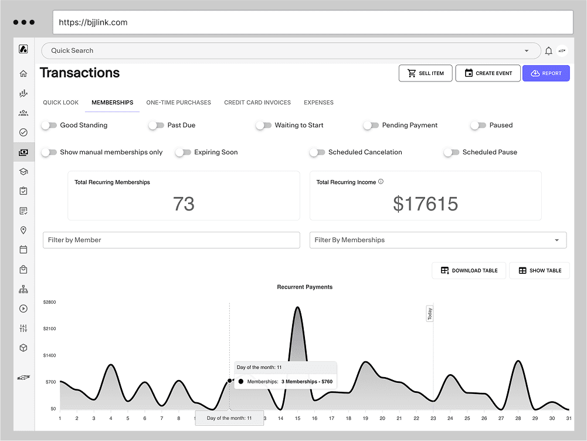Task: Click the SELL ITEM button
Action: (x=426, y=73)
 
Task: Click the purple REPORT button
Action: (x=546, y=73)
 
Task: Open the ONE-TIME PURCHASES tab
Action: (x=178, y=103)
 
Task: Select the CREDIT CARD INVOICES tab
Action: (x=257, y=103)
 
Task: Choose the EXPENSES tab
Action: (x=318, y=103)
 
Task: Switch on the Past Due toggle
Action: (x=156, y=125)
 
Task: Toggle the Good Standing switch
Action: (x=49, y=125)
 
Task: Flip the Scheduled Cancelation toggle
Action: (x=317, y=152)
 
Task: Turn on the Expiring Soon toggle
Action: (x=184, y=152)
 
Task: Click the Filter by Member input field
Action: (x=171, y=240)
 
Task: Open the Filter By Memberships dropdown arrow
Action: (x=557, y=240)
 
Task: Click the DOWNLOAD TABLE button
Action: (x=469, y=270)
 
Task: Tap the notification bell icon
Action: (x=548, y=51)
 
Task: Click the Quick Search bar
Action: (x=281, y=51)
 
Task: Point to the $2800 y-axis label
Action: (x=50, y=302)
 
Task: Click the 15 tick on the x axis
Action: (x=297, y=418)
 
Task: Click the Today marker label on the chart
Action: (x=430, y=314)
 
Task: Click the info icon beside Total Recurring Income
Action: (x=381, y=182)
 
